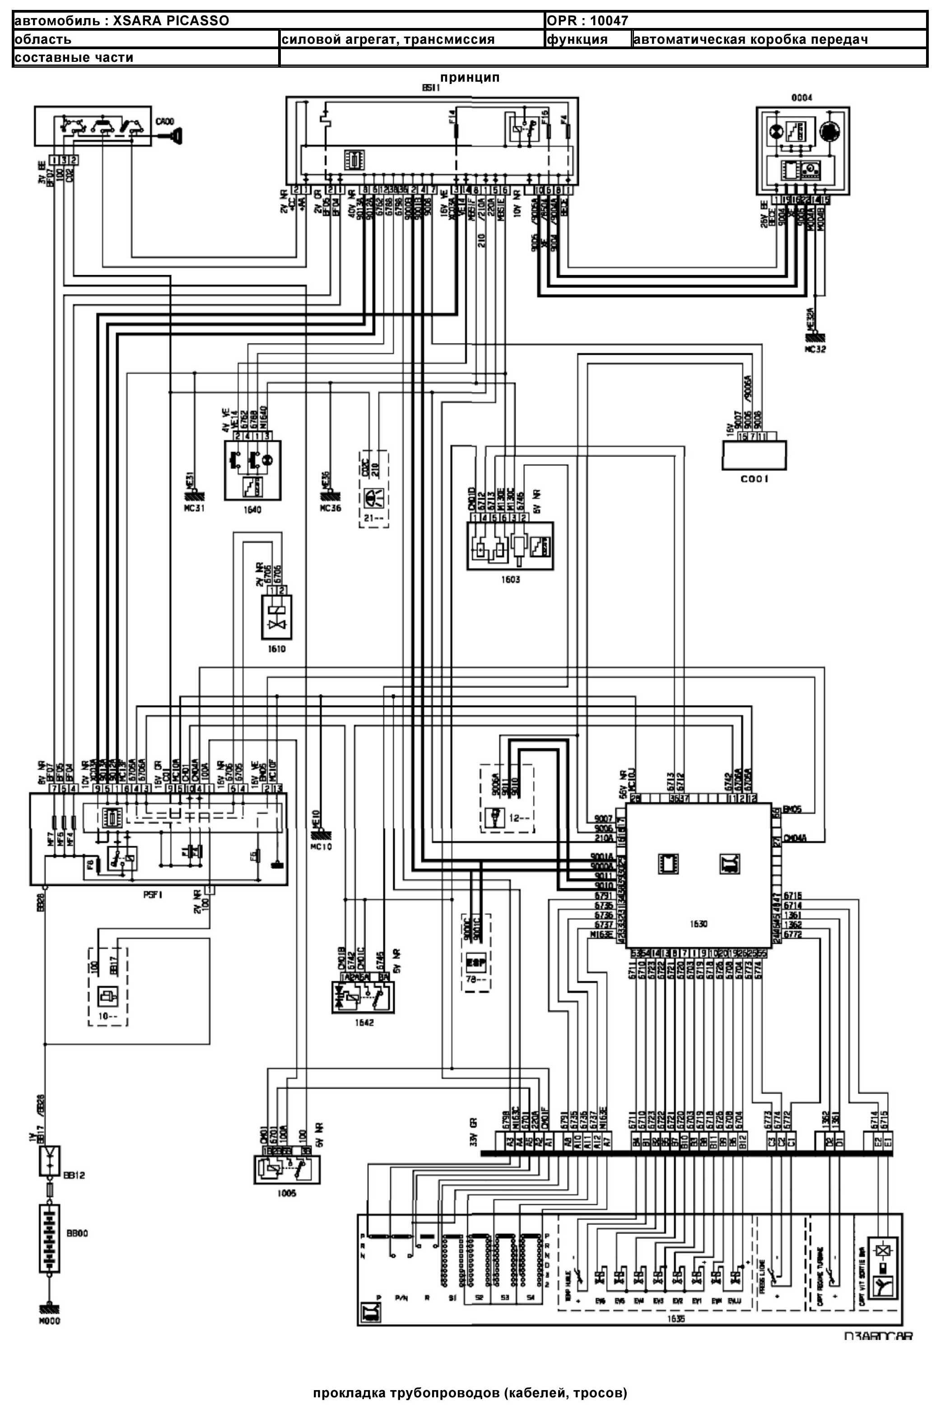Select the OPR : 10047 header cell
click(x=587, y=21)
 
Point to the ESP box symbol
click(x=476, y=962)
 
